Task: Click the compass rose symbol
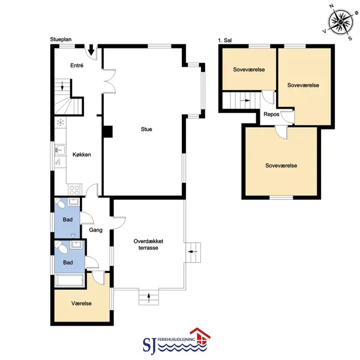coord(340,22)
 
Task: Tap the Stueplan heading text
coord(61,40)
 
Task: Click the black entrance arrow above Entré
coord(91,50)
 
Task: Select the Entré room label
coord(77,65)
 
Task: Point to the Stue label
coord(146,129)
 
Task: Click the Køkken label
coord(82,155)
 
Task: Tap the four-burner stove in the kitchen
coord(74,190)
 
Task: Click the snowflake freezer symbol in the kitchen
coord(61,122)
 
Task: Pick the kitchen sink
coord(60,150)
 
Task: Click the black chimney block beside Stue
coord(107,131)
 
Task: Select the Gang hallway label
coord(96,230)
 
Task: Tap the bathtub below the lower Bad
coord(70,280)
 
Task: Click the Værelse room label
coord(82,303)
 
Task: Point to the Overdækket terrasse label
coord(148,245)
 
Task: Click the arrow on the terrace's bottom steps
coord(149,298)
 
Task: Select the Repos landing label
coord(271,115)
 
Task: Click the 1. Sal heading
coord(225,40)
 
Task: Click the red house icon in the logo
coord(200,335)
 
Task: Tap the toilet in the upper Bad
coord(60,203)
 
